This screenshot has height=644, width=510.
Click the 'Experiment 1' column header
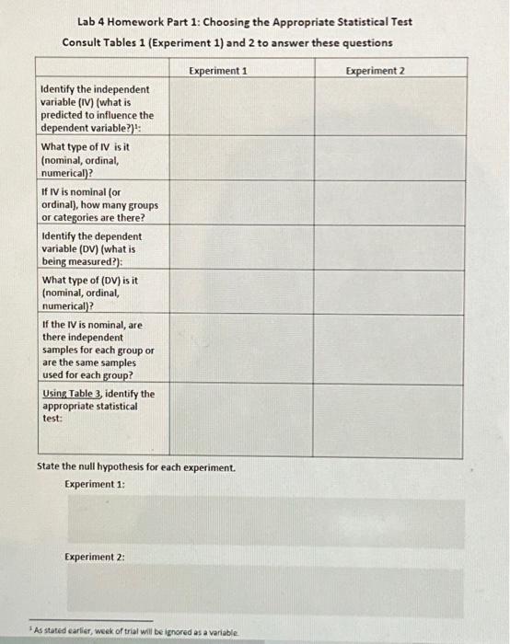(217, 71)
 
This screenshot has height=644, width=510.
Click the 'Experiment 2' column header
(375, 71)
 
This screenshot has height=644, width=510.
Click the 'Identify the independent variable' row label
(97, 109)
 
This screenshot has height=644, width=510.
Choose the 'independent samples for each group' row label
(98, 350)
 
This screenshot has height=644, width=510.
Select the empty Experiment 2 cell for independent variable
(388, 109)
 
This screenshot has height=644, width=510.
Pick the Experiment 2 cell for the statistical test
(388, 420)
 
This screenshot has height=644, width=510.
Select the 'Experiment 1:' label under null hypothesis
(95, 484)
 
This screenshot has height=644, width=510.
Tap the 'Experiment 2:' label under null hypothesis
(95, 557)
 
